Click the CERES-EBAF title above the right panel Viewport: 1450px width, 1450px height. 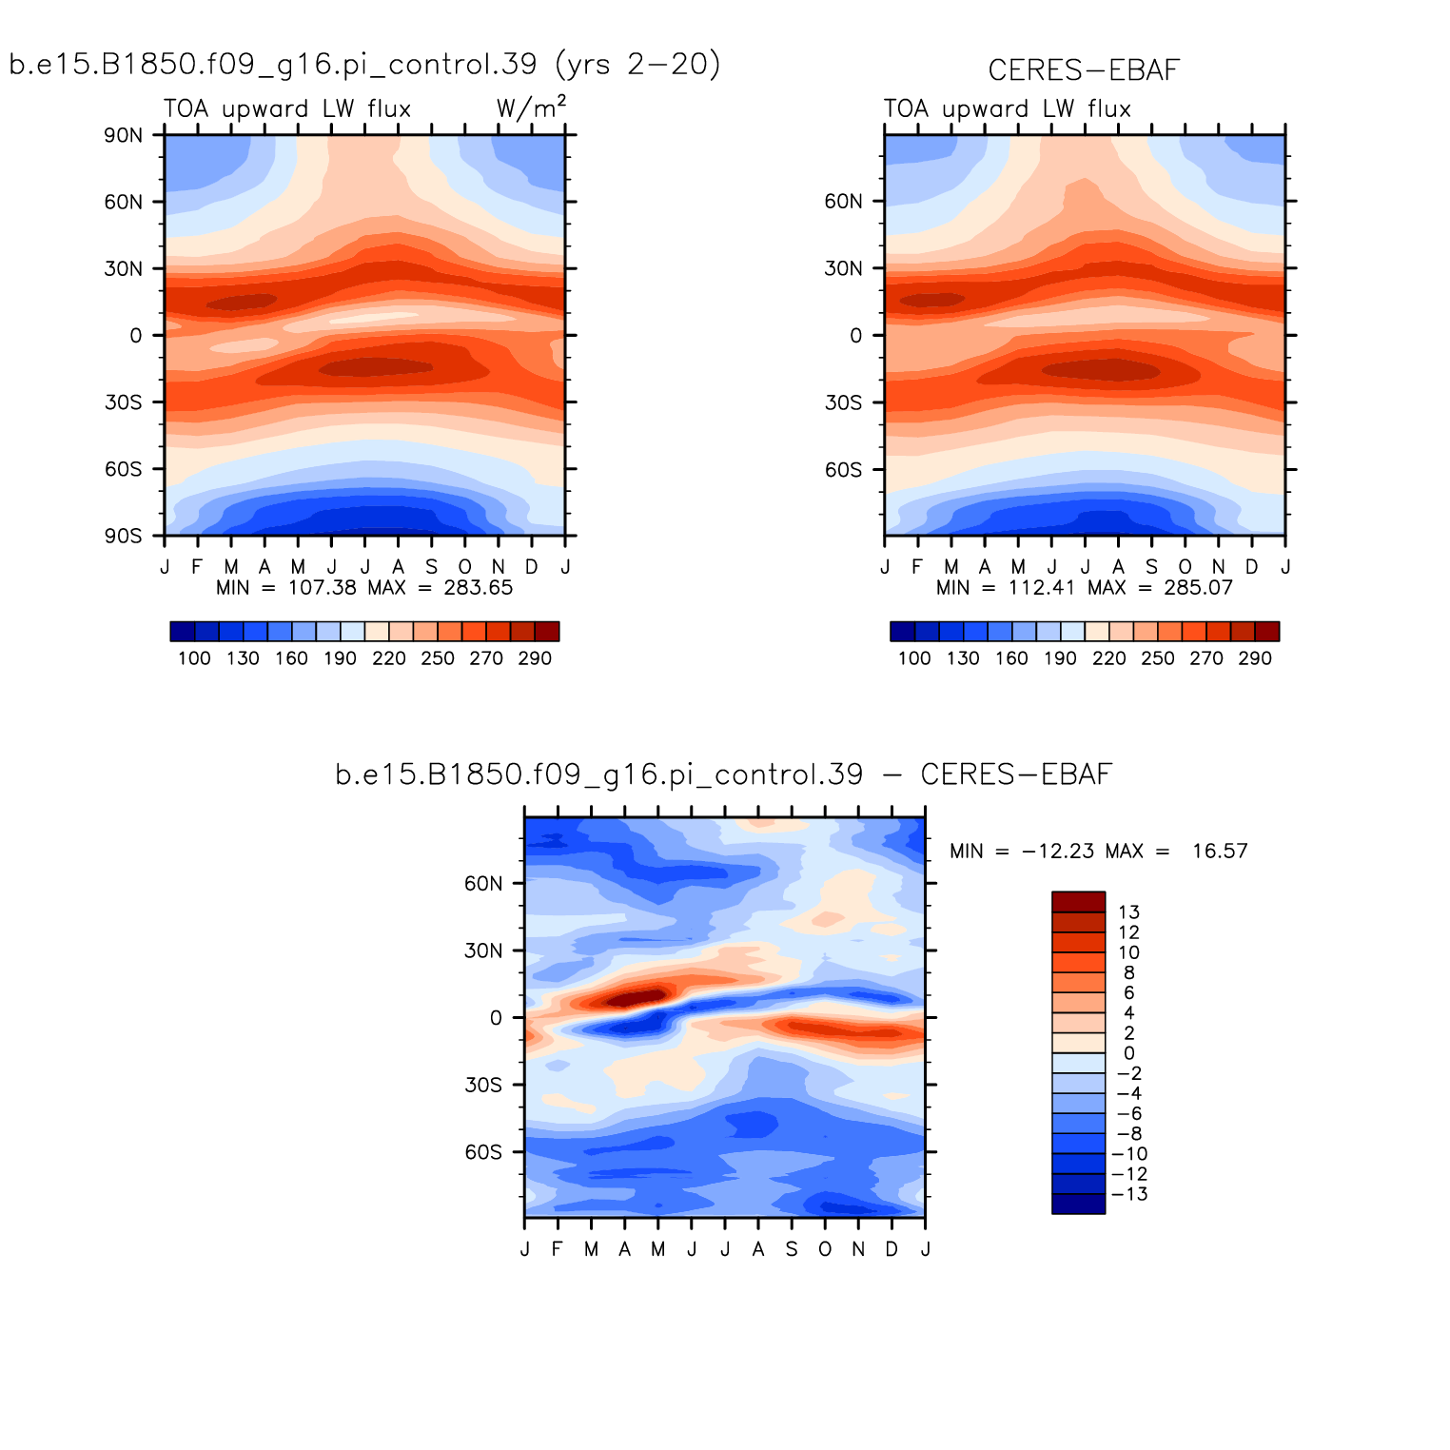(x=1084, y=70)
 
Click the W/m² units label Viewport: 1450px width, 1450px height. (x=531, y=108)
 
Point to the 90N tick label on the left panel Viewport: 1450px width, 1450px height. (x=123, y=135)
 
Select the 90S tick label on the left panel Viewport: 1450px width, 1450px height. (x=123, y=537)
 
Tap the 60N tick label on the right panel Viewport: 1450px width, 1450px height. (x=843, y=202)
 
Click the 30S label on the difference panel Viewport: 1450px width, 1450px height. (x=483, y=1086)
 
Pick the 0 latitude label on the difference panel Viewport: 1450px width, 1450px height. (x=496, y=1018)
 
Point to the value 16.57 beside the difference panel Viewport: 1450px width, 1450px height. (x=1220, y=852)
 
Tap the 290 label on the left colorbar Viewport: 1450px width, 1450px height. (x=535, y=658)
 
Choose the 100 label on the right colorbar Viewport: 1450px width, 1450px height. (x=914, y=658)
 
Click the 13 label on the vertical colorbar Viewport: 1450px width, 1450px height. (x=1128, y=912)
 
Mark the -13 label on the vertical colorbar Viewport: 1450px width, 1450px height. (x=1129, y=1195)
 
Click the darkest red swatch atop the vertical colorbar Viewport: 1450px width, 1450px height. (x=1078, y=902)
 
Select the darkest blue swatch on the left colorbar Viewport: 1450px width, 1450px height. (x=183, y=632)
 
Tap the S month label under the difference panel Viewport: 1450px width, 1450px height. (x=792, y=1249)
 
